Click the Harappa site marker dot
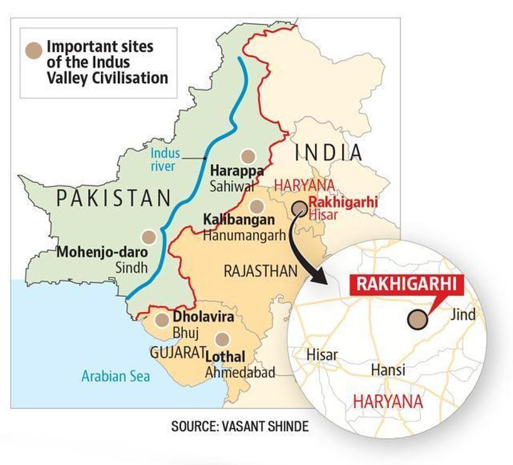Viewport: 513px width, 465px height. click(x=249, y=156)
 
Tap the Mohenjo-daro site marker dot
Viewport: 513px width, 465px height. click(x=148, y=237)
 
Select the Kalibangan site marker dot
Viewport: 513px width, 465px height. click(x=255, y=206)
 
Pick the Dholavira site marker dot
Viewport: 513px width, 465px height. click(x=162, y=319)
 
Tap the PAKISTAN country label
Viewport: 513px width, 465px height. click(x=114, y=197)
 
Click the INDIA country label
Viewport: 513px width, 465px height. click(x=329, y=153)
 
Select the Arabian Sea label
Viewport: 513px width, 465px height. click(x=116, y=377)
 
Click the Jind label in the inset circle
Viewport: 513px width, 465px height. click(x=462, y=315)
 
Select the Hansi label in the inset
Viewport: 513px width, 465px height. click(x=388, y=369)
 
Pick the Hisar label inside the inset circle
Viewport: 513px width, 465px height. click(x=322, y=354)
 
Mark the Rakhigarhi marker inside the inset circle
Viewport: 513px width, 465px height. click(x=418, y=320)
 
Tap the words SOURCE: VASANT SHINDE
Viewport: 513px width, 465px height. click(x=239, y=426)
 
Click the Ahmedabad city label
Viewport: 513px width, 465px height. click(x=240, y=373)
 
